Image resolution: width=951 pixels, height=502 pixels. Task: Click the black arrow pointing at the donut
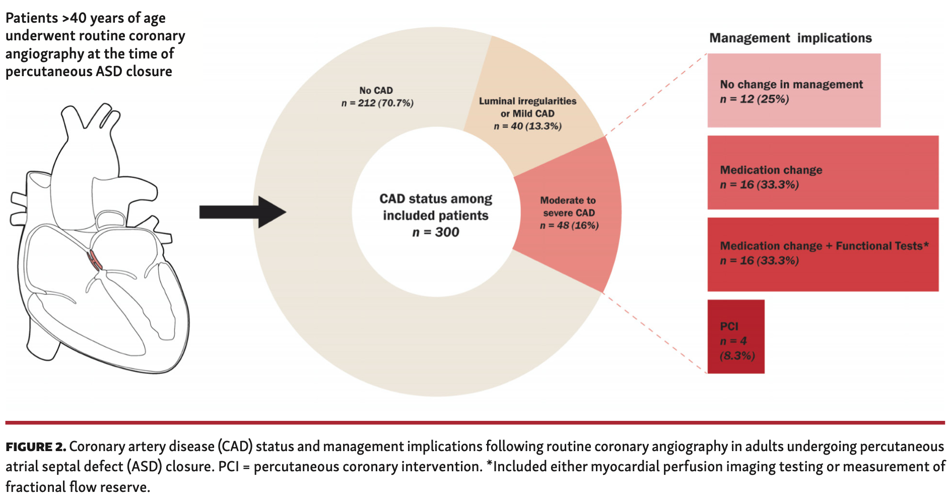click(x=242, y=212)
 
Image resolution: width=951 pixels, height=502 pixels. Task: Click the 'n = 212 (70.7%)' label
click(x=377, y=103)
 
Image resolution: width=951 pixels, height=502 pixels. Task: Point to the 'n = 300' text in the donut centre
click(x=435, y=232)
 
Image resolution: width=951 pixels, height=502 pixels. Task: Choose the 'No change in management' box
click(x=793, y=91)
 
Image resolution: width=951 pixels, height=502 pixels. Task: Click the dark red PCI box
click(x=735, y=337)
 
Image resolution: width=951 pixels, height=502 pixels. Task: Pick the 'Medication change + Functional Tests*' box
click(x=823, y=255)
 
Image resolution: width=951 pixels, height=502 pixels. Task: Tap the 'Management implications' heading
click(x=790, y=38)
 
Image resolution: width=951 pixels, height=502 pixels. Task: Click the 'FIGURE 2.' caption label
click(x=35, y=447)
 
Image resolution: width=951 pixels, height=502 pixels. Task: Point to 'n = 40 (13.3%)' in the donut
click(x=527, y=126)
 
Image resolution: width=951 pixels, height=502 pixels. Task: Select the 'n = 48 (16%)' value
click(x=569, y=225)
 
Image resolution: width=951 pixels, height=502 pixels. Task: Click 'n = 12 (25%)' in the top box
click(x=754, y=99)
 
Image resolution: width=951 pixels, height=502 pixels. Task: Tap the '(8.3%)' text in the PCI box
click(x=737, y=356)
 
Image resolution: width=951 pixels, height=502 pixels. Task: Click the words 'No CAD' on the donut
click(x=376, y=91)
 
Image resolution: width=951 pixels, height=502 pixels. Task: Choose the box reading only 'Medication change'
click(x=823, y=172)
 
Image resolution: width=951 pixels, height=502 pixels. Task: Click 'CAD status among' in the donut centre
click(x=435, y=199)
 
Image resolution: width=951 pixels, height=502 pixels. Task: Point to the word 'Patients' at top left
click(x=32, y=19)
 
